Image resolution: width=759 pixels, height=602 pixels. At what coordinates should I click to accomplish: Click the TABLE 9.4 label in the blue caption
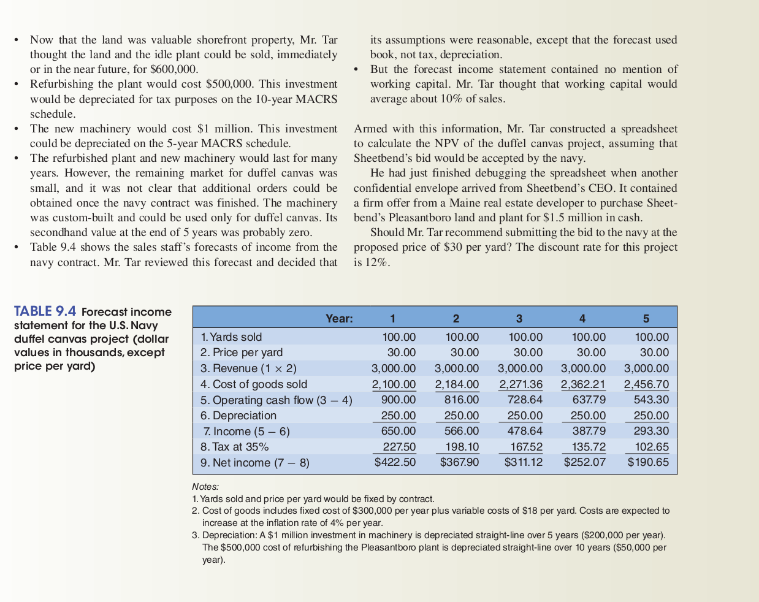45,311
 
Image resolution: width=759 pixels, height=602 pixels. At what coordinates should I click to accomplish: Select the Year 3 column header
519,318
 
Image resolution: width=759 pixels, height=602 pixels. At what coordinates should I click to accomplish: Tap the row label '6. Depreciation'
238,416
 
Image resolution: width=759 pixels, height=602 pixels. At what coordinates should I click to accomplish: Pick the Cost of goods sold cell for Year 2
457,384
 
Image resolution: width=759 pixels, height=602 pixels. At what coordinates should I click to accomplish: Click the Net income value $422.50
395,462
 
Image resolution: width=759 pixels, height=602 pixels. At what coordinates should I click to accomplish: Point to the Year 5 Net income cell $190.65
648,462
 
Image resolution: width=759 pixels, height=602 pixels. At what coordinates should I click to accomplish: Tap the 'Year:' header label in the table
339,318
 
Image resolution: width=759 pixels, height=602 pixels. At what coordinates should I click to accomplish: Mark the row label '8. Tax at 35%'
235,447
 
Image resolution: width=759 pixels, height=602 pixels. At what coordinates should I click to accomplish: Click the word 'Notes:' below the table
205,486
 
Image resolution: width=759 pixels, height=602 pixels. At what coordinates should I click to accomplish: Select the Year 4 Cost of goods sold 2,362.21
583,384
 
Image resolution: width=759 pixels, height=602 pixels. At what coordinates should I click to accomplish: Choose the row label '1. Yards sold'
231,337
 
